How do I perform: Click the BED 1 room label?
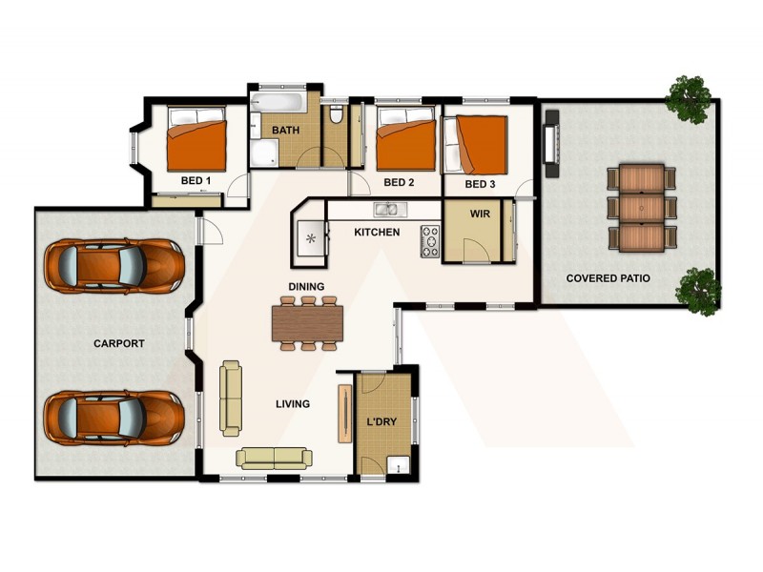(196, 180)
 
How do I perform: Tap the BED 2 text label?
(398, 182)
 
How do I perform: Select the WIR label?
(480, 214)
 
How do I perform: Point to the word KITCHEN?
(377, 233)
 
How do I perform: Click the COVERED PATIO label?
(608, 279)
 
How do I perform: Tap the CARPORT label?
(118, 343)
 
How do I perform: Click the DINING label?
(307, 287)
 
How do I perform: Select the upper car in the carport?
(114, 266)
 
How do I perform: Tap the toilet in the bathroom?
(335, 116)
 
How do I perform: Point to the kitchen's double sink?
(386, 210)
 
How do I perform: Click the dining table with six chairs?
(307, 322)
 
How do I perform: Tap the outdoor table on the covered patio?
(642, 207)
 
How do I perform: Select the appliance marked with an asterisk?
(310, 239)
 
